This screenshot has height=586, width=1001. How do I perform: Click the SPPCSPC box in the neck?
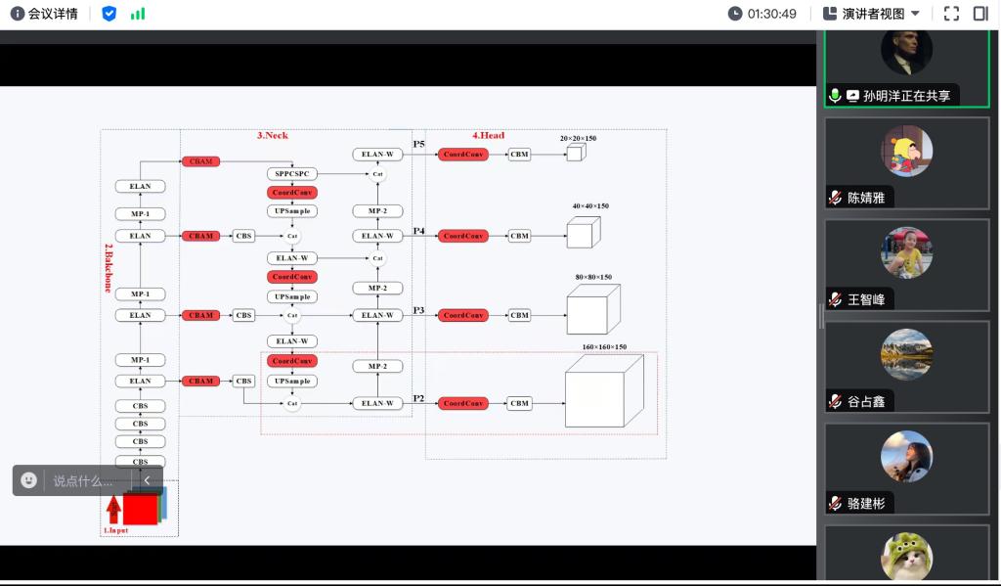click(291, 174)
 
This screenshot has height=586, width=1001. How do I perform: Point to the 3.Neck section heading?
click(272, 135)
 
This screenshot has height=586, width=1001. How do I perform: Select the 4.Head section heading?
click(489, 135)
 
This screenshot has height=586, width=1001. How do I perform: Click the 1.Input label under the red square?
click(115, 530)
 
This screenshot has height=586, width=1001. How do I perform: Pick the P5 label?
click(418, 145)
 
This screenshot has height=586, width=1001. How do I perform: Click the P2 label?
click(418, 398)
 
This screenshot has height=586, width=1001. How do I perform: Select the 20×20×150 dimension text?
click(578, 139)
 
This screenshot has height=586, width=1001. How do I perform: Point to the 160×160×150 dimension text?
click(604, 346)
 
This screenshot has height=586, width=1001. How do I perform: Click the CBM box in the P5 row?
click(519, 155)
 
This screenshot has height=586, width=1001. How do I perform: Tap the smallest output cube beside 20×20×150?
click(575, 153)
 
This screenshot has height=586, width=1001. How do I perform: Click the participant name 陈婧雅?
click(866, 198)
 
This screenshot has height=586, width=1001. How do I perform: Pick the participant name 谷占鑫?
click(866, 401)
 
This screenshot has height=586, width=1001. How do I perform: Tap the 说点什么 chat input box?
click(82, 480)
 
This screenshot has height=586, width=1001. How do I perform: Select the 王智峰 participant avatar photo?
click(906, 253)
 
